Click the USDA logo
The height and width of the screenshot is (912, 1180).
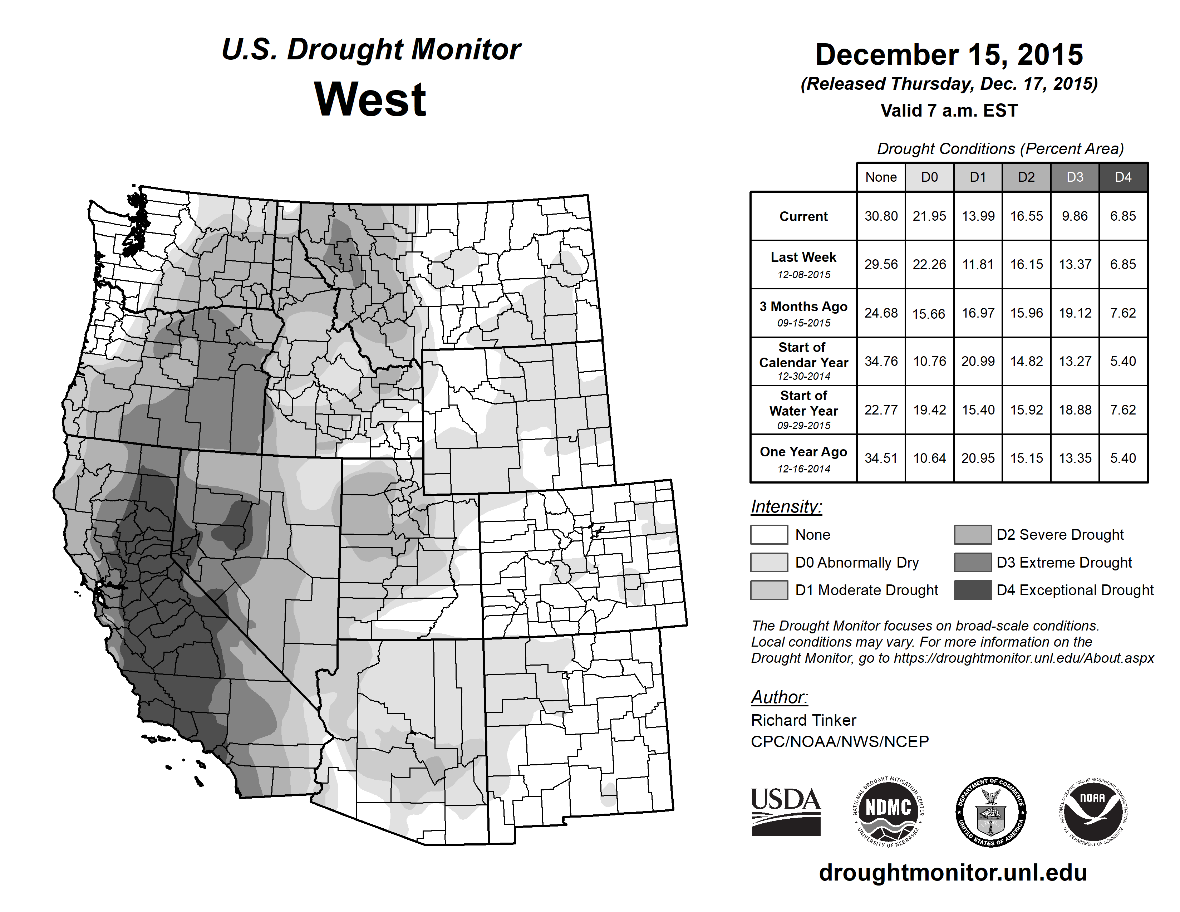tap(786, 812)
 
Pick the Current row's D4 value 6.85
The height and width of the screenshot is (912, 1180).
tap(1123, 216)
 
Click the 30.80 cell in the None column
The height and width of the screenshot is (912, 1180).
tap(881, 216)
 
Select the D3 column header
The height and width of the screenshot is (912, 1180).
tap(1075, 177)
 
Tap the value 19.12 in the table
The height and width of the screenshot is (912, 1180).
tap(1075, 313)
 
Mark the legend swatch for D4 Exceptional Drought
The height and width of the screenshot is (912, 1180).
tap(973, 590)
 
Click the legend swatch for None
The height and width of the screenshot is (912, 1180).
tap(769, 534)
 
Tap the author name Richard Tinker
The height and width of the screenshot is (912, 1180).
tap(803, 720)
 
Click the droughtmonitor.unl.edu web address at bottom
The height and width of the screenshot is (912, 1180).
tap(953, 873)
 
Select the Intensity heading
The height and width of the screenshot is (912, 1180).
tap(786, 507)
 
